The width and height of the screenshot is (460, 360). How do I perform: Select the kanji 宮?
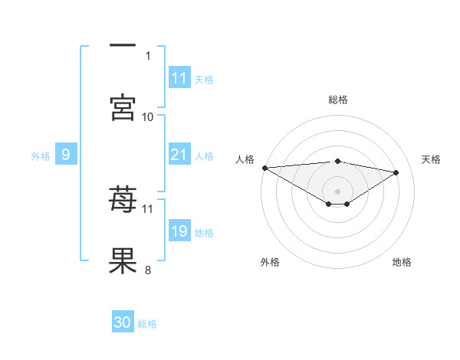(x=123, y=107)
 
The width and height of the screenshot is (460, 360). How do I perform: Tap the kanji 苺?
(x=123, y=201)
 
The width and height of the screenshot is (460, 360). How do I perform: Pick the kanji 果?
(x=123, y=261)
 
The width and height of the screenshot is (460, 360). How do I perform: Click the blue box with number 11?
(x=179, y=78)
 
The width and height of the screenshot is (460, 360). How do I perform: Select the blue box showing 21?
(x=179, y=155)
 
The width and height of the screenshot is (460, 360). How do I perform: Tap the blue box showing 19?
(x=179, y=232)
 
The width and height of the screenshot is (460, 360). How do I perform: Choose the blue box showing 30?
(x=123, y=322)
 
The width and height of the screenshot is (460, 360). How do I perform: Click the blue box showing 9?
(x=66, y=155)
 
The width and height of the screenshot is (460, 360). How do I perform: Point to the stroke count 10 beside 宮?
(x=148, y=116)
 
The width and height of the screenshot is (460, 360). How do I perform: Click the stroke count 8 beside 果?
(x=148, y=270)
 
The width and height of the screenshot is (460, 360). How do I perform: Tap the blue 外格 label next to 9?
(x=41, y=156)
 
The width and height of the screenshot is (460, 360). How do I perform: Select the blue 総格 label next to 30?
(x=147, y=323)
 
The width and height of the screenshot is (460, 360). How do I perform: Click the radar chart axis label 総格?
(x=337, y=100)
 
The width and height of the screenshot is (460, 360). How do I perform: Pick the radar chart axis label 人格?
(x=245, y=159)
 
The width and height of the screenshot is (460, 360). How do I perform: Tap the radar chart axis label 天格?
(x=431, y=159)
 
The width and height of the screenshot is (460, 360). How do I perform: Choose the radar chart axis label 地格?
(x=402, y=262)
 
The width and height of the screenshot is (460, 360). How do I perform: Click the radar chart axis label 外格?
(x=270, y=262)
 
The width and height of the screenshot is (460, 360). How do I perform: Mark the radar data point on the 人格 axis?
(x=264, y=168)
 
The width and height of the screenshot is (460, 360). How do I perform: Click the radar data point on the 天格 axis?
(x=396, y=172)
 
